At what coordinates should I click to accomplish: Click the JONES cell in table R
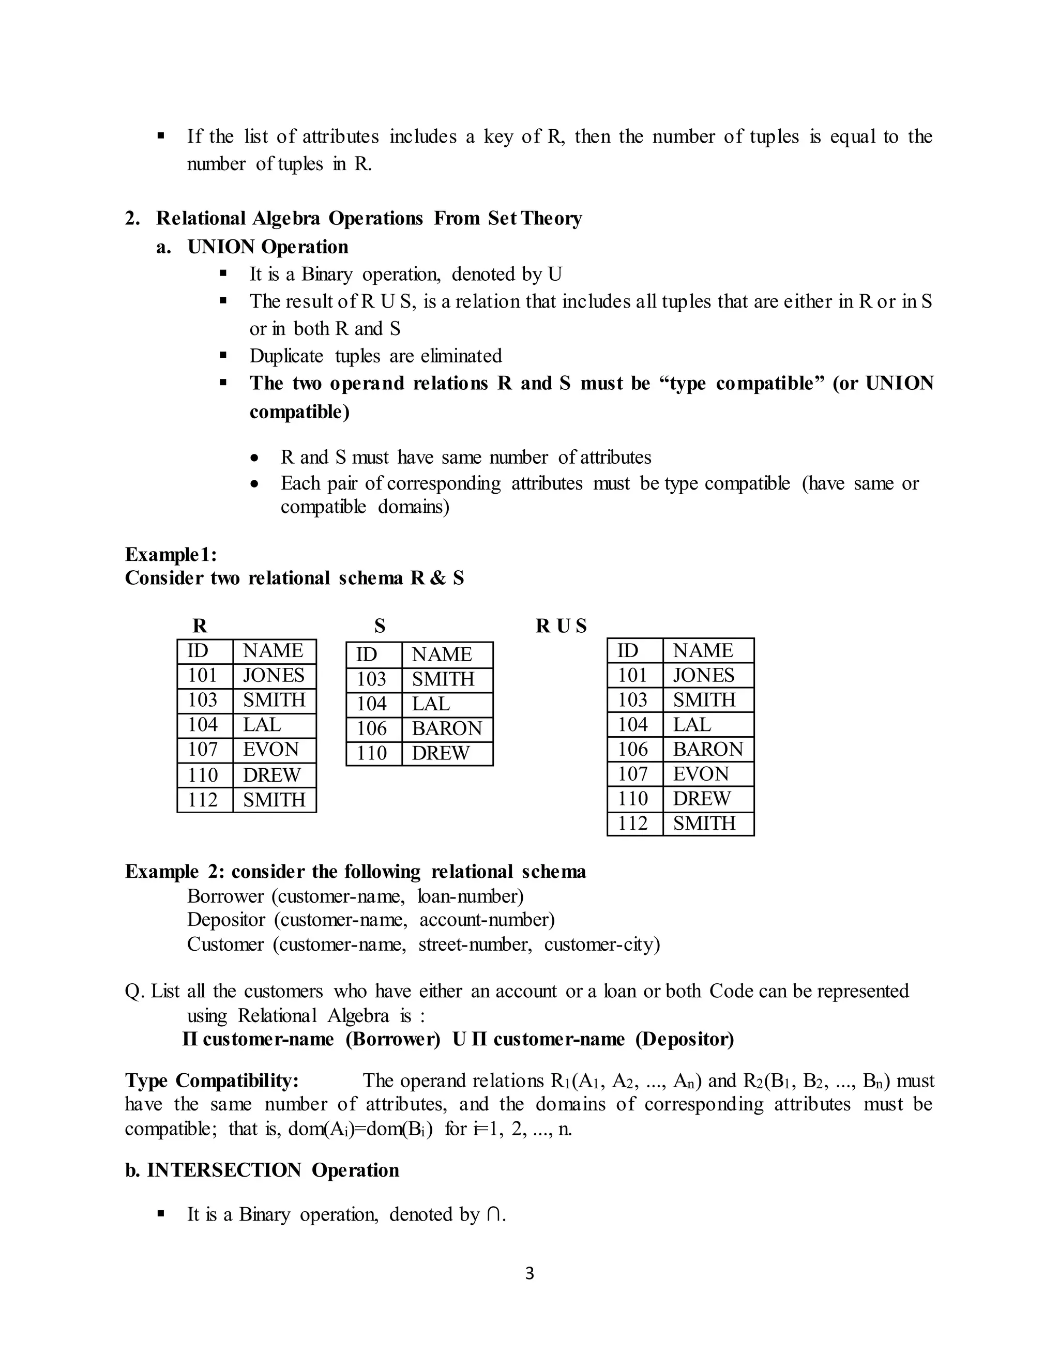pyautogui.click(x=274, y=676)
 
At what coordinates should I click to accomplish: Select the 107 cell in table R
pyautogui.click(x=203, y=750)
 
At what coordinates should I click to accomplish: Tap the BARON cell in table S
pyautogui.click(x=446, y=728)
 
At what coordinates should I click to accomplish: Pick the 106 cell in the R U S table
pyautogui.click(x=632, y=749)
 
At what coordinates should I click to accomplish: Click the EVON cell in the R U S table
pyautogui.click(x=701, y=774)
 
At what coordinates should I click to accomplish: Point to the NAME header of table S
pyautogui.click(x=442, y=654)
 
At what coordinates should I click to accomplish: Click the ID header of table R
pyautogui.click(x=198, y=650)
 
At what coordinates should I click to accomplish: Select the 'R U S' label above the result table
pyautogui.click(x=561, y=626)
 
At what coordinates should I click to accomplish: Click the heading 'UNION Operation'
pyautogui.click(x=268, y=247)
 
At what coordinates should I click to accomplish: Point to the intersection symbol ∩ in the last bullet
pyautogui.click(x=494, y=1215)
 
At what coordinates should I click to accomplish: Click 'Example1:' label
pyautogui.click(x=171, y=555)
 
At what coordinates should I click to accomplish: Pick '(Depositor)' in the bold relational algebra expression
pyautogui.click(x=685, y=1040)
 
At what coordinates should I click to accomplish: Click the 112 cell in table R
pyautogui.click(x=203, y=800)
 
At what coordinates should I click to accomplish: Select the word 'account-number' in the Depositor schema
pyautogui.click(x=486, y=920)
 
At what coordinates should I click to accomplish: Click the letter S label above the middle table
pyautogui.click(x=380, y=626)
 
